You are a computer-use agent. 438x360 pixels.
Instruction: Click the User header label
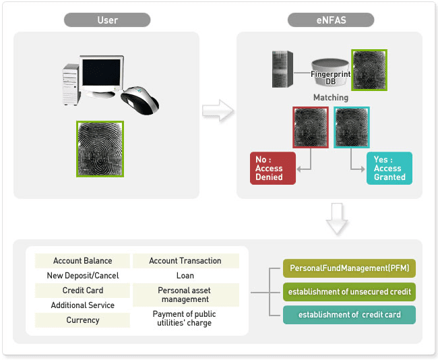click(107, 20)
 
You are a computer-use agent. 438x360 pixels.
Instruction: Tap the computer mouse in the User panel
click(141, 99)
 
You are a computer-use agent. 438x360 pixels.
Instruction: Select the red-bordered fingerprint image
click(310, 127)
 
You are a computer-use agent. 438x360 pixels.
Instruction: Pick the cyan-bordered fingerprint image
click(352, 127)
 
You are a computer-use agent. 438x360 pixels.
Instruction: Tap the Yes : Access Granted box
click(389, 169)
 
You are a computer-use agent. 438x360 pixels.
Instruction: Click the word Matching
click(330, 98)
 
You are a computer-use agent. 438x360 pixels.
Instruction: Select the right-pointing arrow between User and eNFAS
click(218, 111)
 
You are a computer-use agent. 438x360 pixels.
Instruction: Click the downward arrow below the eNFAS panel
click(336, 220)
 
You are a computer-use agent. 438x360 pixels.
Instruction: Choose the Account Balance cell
click(83, 261)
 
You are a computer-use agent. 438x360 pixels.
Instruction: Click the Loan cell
click(185, 276)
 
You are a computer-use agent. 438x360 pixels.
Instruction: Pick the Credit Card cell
click(83, 291)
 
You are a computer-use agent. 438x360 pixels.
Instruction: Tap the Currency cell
click(83, 320)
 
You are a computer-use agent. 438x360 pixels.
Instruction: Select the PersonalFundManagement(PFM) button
click(348, 268)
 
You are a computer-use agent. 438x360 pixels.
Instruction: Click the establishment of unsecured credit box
click(348, 292)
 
